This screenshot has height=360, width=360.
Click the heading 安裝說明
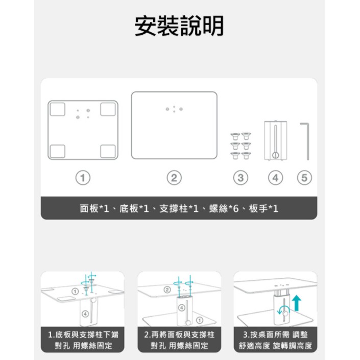pos(179,26)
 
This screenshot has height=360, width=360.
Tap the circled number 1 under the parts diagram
pos(83,178)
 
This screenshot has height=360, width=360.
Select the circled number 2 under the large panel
pos(174,178)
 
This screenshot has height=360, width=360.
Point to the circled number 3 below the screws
pos(241,178)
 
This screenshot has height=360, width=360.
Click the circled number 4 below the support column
pos(276,178)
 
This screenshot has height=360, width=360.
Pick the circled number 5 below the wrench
pos(304,178)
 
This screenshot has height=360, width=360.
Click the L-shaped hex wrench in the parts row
pos(307,141)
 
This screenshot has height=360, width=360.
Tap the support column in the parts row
pos(276,140)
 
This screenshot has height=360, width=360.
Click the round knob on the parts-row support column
pos(276,155)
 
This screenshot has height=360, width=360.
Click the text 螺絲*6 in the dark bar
pos(224,209)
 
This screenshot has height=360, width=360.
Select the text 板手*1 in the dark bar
pos(263,209)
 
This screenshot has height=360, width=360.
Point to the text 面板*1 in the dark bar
pos(94,209)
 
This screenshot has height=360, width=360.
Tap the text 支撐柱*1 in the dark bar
pos(179,209)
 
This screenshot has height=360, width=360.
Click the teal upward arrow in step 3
pos(297,303)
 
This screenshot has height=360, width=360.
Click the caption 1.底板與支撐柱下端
pos(83,334)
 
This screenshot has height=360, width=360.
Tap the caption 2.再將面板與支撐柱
pos(179,334)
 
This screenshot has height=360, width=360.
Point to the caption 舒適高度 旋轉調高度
pos(275,346)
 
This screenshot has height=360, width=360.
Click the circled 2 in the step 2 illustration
pos(167,290)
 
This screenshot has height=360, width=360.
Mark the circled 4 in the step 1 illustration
pos(85,314)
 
